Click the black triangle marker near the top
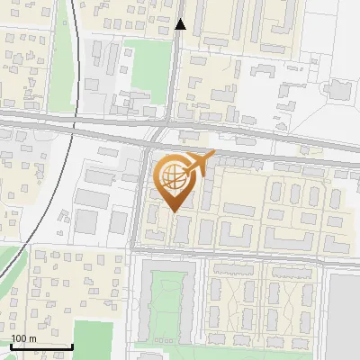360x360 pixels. (x=180, y=24)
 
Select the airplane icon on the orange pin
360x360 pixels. (x=196, y=164)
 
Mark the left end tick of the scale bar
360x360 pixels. (x=11, y=346)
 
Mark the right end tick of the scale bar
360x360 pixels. (x=72, y=346)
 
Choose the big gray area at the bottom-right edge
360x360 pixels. (x=344, y=315)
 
